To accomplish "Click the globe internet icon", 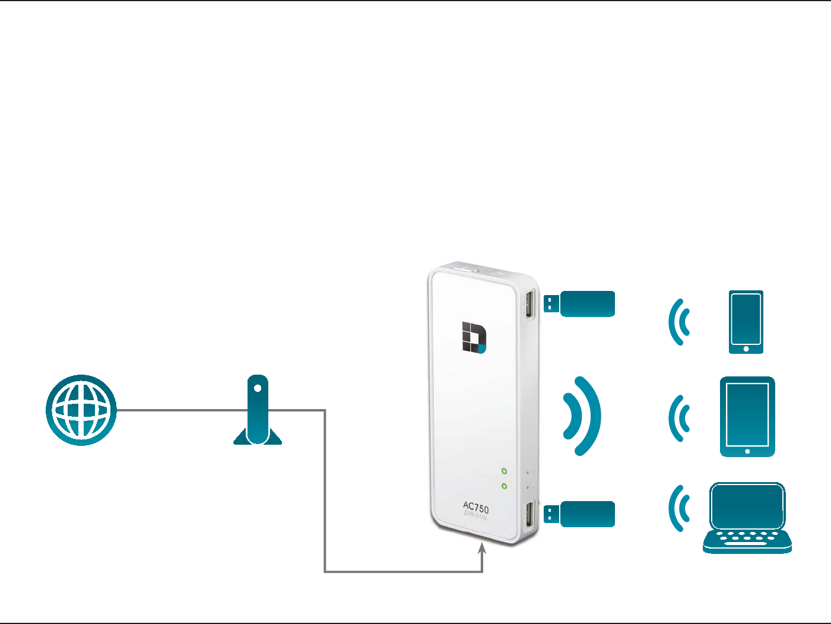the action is click(81, 410).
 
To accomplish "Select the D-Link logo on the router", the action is click(474, 338).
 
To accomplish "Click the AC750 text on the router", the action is click(476, 508).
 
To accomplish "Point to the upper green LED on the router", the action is click(504, 471).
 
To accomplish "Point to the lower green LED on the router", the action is click(504, 486).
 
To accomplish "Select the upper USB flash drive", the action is click(580, 303).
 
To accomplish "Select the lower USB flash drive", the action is click(580, 514).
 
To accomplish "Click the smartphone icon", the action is click(746, 322).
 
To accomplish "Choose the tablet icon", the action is click(747, 417).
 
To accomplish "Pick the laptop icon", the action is click(747, 518).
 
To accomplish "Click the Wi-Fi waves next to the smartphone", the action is click(680, 322).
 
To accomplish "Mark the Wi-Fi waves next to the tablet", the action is click(680, 419).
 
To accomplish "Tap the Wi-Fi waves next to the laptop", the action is click(680, 508).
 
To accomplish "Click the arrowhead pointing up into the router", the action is click(483, 550).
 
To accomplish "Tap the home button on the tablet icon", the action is click(747, 451).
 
